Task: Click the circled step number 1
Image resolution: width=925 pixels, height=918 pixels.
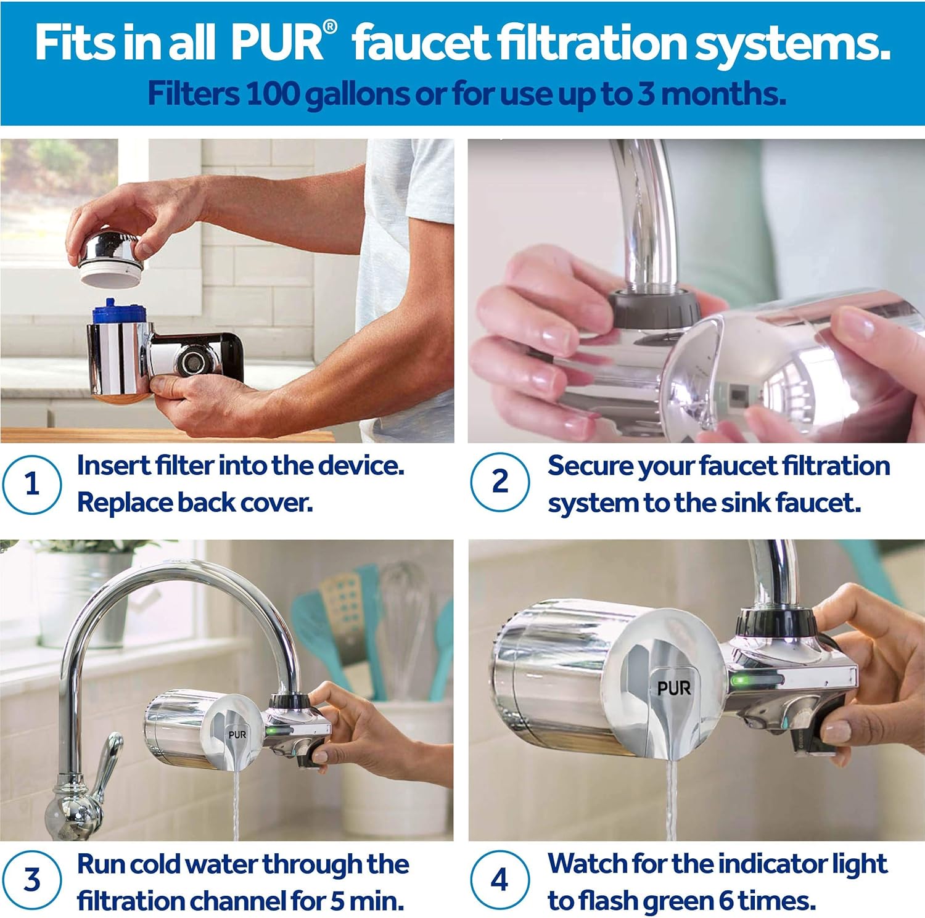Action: pos(31,484)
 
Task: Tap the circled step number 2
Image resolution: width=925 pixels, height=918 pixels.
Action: pos(499,482)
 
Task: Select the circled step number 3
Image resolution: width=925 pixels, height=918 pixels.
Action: pos(31,880)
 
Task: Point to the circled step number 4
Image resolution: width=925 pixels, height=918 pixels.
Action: pos(499,880)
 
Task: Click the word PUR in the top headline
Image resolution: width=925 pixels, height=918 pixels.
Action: pos(277,43)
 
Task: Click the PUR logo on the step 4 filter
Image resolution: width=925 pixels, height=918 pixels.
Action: pos(673,687)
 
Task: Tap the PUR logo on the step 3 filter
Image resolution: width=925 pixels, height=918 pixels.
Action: pos(237,734)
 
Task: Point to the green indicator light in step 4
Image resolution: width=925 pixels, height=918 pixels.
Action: pos(740,681)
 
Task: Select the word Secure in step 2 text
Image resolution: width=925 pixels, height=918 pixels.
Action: pos(589,466)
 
